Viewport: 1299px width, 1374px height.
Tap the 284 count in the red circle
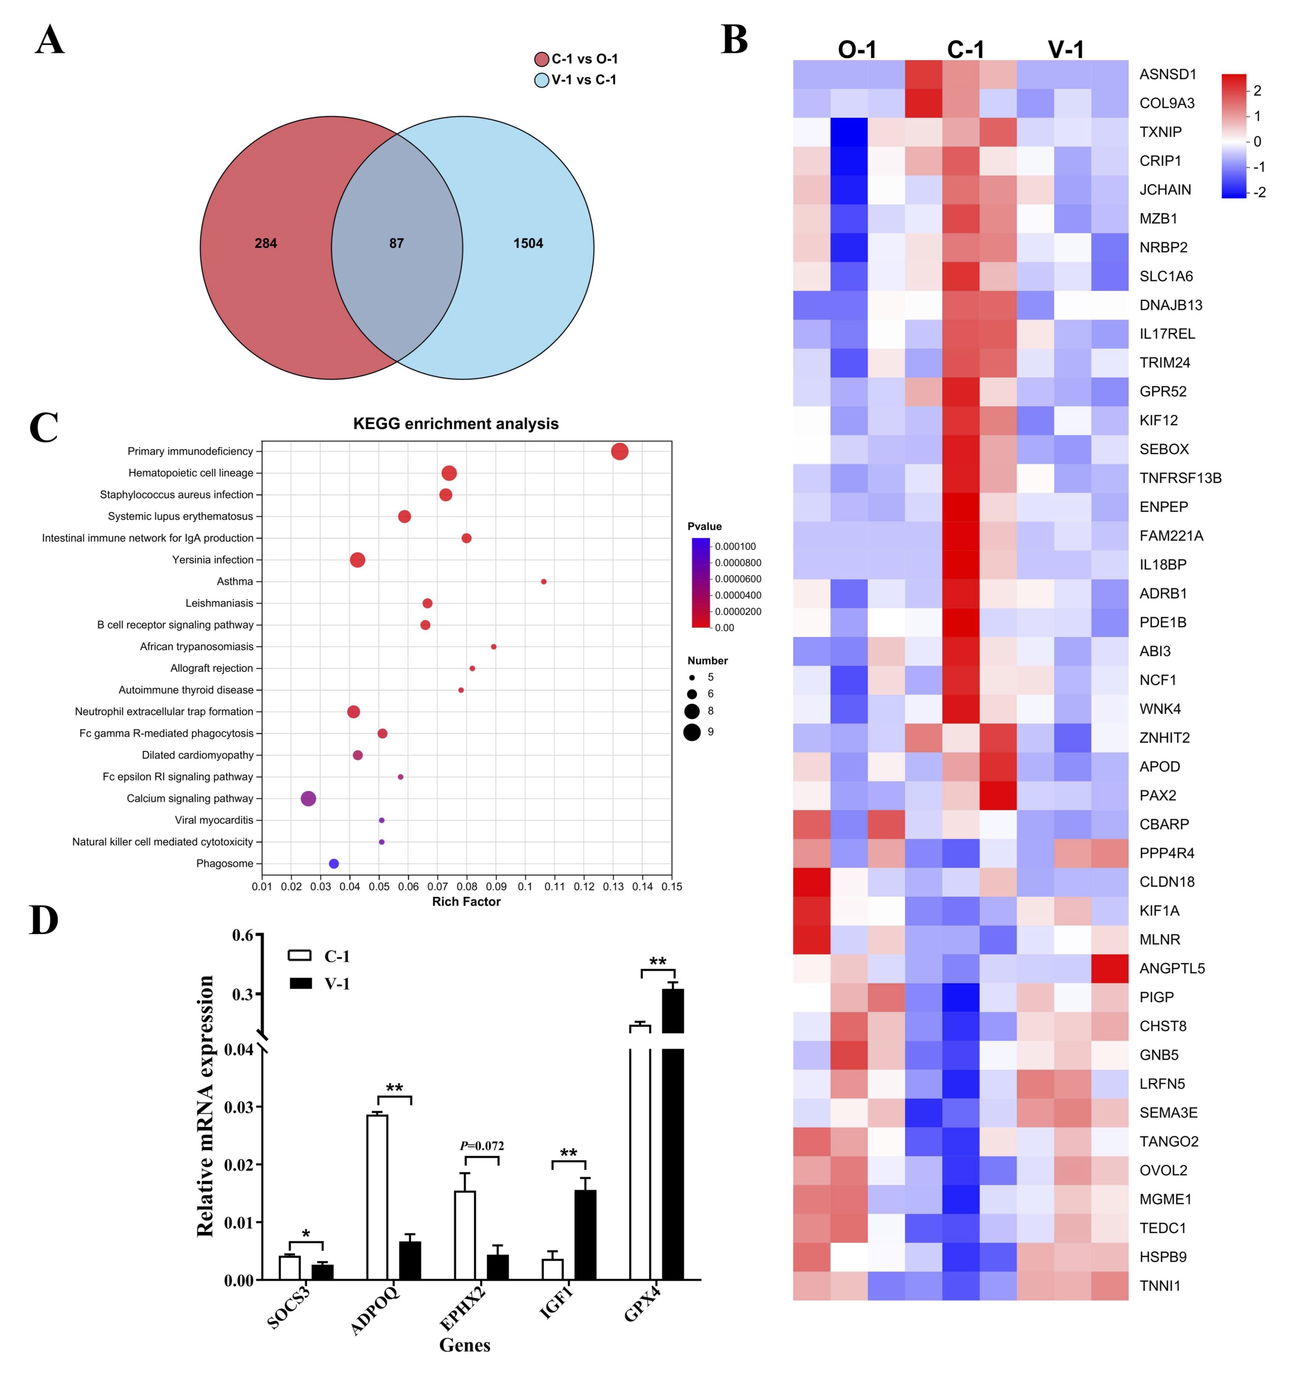[266, 243]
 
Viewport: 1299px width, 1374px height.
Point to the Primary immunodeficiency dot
[620, 452]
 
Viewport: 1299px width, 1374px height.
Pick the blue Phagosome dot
[334, 864]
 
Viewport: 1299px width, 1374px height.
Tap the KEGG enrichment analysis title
[456, 424]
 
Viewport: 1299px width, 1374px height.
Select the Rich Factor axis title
[466, 902]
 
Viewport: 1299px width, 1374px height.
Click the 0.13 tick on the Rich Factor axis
[613, 886]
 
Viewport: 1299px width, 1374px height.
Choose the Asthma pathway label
[235, 582]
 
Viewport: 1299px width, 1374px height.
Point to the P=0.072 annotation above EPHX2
[482, 1146]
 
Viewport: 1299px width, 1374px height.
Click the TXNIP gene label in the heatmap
[1161, 132]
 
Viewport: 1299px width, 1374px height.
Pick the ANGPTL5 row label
[1171, 968]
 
